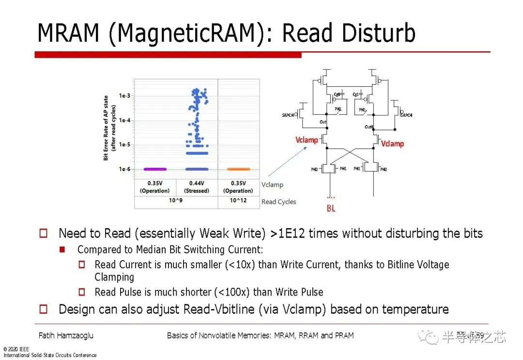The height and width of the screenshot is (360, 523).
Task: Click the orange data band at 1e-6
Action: point(238,169)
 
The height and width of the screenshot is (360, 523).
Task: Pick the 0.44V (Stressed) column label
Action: point(196,187)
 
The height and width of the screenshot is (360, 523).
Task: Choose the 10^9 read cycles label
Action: point(175,201)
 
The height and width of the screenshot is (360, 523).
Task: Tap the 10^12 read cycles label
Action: point(238,201)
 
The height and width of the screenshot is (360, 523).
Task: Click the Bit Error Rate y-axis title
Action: point(109,128)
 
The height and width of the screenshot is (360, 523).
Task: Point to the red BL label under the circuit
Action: point(331,209)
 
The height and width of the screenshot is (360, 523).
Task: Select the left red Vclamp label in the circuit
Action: point(307,140)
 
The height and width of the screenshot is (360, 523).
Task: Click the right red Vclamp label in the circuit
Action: point(392,143)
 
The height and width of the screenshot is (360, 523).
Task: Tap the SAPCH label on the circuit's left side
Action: point(289,115)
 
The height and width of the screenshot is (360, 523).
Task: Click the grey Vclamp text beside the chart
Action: point(272,185)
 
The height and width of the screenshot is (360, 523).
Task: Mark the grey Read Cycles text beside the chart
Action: point(278,202)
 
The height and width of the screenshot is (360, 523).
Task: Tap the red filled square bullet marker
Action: point(62,250)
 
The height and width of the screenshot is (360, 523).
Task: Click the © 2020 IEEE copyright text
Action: point(16,349)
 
